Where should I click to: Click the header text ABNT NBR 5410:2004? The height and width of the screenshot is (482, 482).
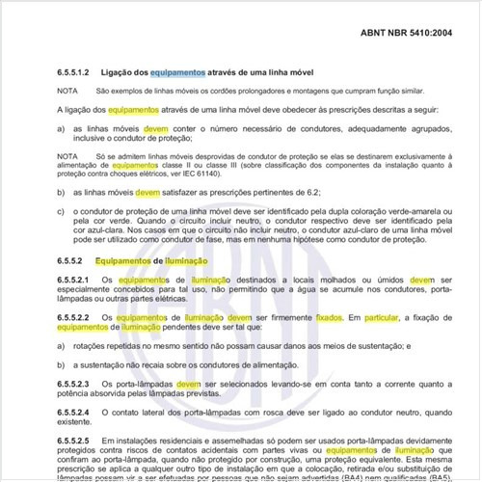tap(404, 32)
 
